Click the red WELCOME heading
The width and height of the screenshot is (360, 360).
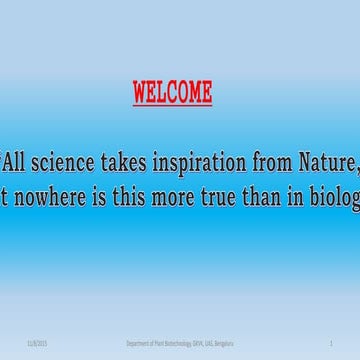point(172,93)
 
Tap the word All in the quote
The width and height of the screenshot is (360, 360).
point(15,155)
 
